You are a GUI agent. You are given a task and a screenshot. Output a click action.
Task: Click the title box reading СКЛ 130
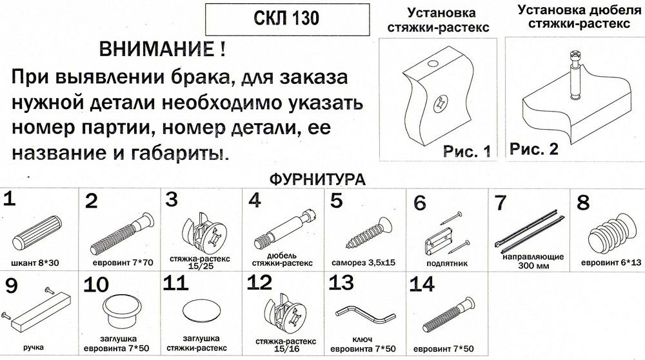287,19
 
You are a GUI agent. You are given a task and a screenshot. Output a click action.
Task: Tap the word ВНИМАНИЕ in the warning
157,50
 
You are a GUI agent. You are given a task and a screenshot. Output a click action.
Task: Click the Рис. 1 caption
466,151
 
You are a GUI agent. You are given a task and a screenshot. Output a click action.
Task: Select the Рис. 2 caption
534,148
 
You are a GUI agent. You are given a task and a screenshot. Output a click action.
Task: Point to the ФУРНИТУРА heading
317,179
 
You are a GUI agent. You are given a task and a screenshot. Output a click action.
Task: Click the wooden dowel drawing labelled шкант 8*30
37,232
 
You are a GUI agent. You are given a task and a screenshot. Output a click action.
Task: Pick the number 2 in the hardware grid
92,201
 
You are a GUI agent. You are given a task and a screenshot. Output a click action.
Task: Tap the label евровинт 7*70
123,263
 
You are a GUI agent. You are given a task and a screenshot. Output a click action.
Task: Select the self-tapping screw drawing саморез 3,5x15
368,234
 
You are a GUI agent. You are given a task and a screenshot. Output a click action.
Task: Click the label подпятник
447,263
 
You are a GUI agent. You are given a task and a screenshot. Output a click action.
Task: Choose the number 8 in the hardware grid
583,203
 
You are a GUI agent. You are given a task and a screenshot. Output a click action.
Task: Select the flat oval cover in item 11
201,312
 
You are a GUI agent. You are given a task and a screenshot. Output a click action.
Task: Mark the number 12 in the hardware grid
259,283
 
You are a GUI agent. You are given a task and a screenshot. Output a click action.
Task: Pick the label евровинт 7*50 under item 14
444,349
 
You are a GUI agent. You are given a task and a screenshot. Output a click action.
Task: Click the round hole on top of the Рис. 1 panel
432,64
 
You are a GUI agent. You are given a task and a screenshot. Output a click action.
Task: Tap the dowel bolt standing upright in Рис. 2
574,74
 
